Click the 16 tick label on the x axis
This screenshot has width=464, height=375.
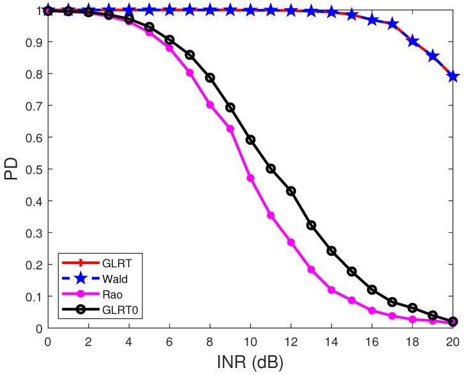(x=372, y=340)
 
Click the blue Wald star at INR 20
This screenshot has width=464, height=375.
(x=453, y=77)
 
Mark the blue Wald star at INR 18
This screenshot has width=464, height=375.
(x=413, y=41)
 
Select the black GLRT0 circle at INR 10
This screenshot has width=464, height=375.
(x=251, y=140)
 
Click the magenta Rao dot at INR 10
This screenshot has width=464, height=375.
(x=251, y=178)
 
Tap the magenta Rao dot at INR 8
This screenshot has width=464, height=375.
(x=210, y=105)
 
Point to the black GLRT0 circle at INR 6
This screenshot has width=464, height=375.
(x=170, y=40)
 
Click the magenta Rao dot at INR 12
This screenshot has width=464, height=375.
(x=291, y=242)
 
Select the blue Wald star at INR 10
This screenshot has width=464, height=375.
(x=251, y=10)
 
